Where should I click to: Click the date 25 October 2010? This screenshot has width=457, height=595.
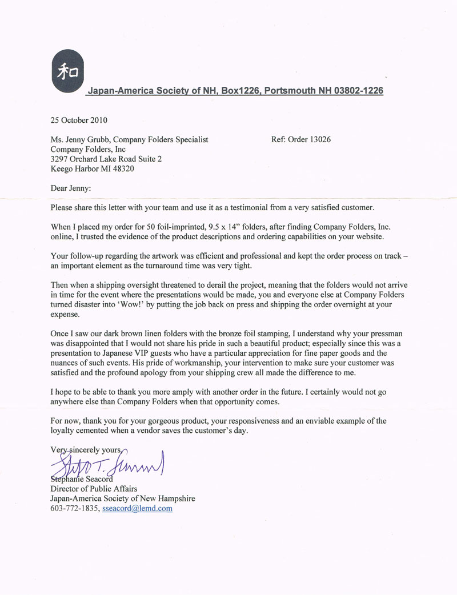79,120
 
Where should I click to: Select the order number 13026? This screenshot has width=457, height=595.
320,139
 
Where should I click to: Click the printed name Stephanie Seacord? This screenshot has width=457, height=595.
82,479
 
